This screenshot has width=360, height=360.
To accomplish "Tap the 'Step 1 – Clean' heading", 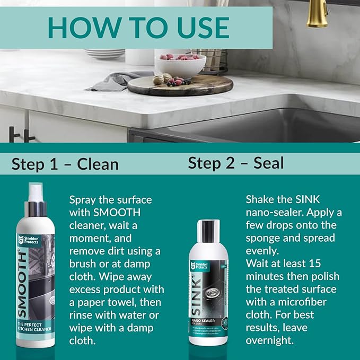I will click(x=65, y=164).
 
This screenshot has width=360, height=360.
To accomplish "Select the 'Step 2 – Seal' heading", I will click(x=235, y=163).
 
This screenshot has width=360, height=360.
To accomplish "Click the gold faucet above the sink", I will click(x=317, y=13).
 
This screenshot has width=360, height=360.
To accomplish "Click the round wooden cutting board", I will click(x=180, y=85).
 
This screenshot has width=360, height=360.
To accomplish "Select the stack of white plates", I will click(x=104, y=54).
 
